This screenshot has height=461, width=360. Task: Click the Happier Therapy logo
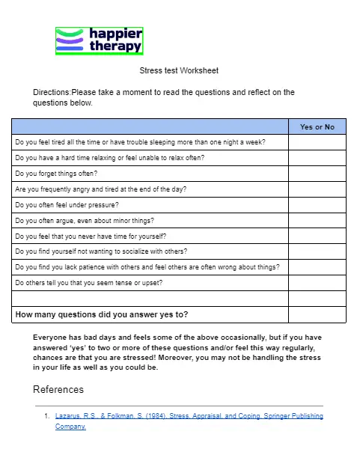click(x=99, y=40)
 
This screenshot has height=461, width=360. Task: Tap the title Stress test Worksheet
click(x=179, y=71)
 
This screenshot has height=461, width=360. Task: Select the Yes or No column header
click(x=317, y=126)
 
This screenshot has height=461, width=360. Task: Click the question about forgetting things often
click(x=55, y=174)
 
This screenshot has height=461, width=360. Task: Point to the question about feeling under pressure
click(x=67, y=205)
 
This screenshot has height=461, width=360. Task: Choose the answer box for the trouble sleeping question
click(x=317, y=142)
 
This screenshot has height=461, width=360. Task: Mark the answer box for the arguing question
click(x=317, y=221)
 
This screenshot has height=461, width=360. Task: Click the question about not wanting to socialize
click(x=100, y=251)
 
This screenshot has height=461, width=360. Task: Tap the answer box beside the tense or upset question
click(x=317, y=283)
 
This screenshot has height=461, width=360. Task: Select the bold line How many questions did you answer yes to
click(x=102, y=315)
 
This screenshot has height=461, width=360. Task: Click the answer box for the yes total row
click(x=317, y=315)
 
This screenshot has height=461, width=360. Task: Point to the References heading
click(x=58, y=390)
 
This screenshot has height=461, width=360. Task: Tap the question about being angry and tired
click(x=100, y=189)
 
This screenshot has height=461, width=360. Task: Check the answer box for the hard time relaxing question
click(x=317, y=158)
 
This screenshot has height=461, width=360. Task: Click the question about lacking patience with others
click(x=147, y=267)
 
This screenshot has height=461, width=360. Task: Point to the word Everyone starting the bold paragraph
click(x=50, y=338)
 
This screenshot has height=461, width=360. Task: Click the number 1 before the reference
click(x=46, y=416)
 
